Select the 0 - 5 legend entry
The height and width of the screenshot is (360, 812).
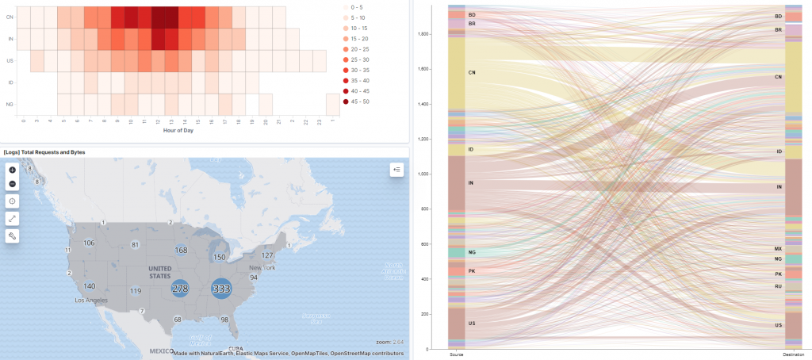(x=366, y=6)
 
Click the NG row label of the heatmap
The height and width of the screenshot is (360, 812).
(x=10, y=104)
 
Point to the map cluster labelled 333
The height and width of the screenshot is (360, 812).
(x=221, y=289)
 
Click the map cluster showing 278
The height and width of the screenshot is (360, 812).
(x=180, y=289)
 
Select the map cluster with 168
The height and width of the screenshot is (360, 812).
(x=181, y=251)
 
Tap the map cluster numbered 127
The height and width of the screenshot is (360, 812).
(x=267, y=255)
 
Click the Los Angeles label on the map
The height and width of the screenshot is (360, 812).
(x=91, y=301)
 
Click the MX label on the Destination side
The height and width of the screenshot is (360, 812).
(x=778, y=249)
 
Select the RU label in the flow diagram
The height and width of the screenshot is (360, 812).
(x=778, y=286)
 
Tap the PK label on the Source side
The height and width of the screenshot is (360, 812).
(x=472, y=271)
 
